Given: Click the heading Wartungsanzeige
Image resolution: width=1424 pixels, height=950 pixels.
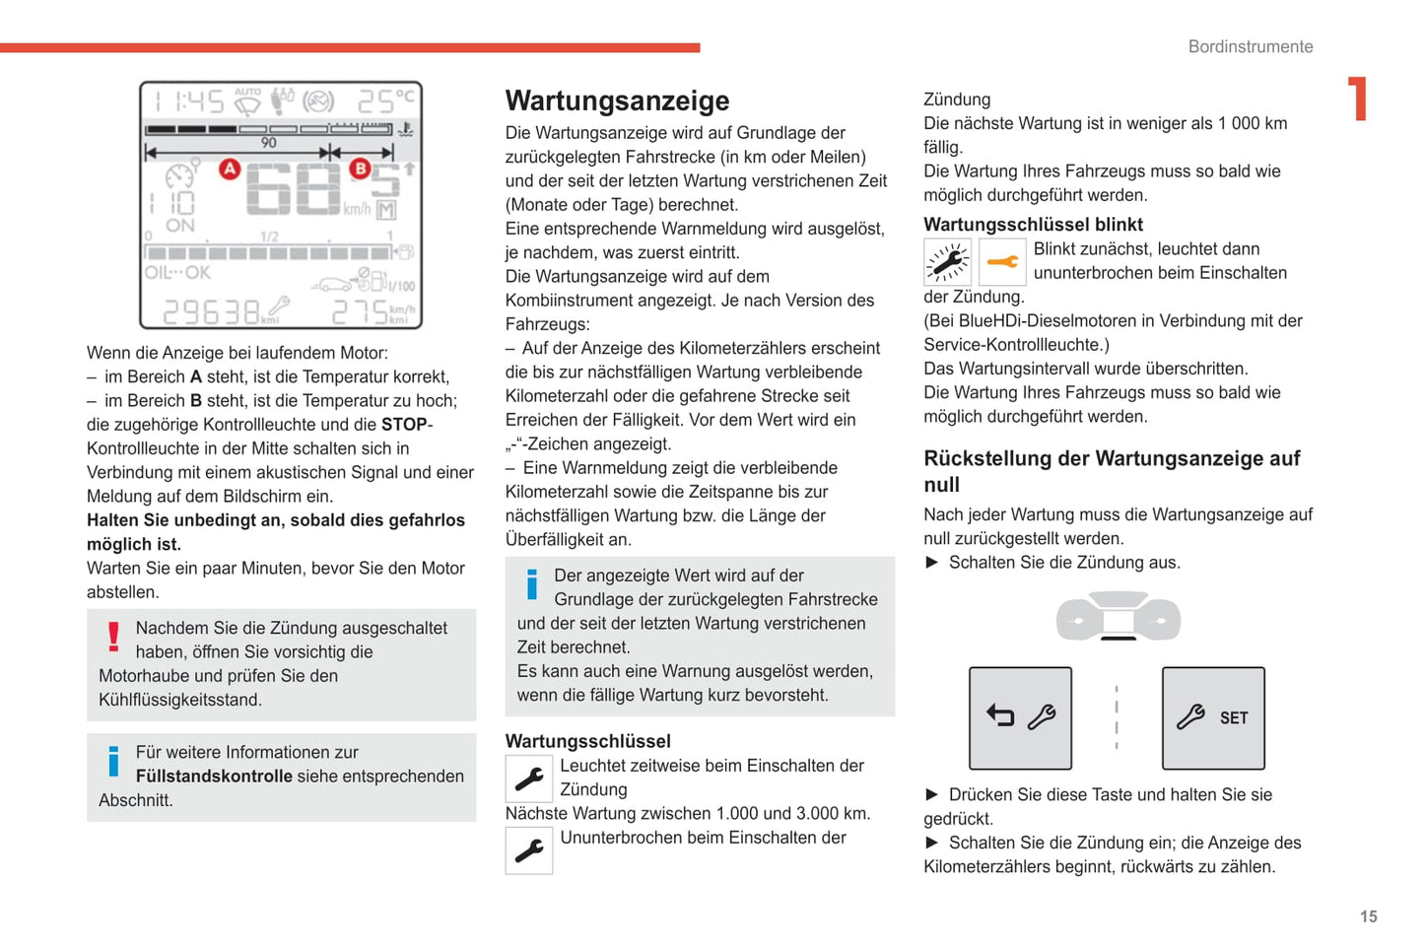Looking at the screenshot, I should pos(617,101).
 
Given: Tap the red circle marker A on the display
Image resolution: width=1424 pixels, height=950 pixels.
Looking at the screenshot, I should pos(230,169).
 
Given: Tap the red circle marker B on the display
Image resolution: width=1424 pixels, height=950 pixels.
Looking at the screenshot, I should pos(360,169).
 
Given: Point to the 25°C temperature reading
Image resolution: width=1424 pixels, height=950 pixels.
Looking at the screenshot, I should pos(385,101).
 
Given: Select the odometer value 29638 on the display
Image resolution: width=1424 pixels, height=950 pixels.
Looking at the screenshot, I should pos(211,312).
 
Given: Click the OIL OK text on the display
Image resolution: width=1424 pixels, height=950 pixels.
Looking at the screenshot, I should pos(178,272).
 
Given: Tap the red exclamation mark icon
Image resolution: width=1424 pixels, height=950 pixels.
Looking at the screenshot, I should pos(114,637).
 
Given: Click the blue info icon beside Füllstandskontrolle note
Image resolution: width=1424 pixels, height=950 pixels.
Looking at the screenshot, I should pos(114,761).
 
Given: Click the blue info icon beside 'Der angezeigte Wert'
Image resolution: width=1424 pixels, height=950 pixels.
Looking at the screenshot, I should pos(532,584).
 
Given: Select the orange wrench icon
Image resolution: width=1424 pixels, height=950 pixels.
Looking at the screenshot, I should pos(1002,262).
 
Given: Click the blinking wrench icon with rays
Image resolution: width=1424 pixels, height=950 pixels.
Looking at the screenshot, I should pos(947,262).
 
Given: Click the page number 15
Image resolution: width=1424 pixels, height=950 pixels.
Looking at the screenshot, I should pos(1368,916).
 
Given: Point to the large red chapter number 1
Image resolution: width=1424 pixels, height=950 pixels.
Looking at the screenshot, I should pos(1358,99).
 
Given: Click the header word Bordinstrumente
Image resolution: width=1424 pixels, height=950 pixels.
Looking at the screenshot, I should pos(1250,46).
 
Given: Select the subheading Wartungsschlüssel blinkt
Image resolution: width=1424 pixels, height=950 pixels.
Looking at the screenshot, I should pos(1033,224).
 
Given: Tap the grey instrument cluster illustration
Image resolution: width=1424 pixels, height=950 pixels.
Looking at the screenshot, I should pos(1118,618).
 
